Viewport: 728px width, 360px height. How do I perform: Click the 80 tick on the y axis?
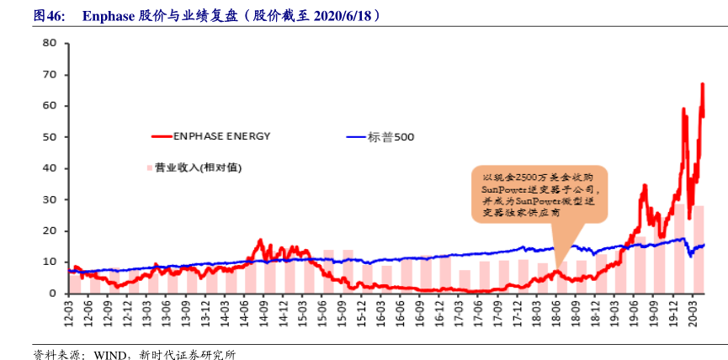pyautogui.click(x=50, y=44)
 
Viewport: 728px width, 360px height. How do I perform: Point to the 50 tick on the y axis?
pyautogui.click(x=50, y=137)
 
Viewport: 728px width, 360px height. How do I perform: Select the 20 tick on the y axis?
pyautogui.click(x=50, y=230)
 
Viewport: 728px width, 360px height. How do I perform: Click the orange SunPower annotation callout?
pyautogui.click(x=538, y=195)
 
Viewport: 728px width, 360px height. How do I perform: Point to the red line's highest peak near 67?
pyautogui.click(x=702, y=84)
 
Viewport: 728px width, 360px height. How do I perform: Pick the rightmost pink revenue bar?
pyautogui.click(x=699, y=249)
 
